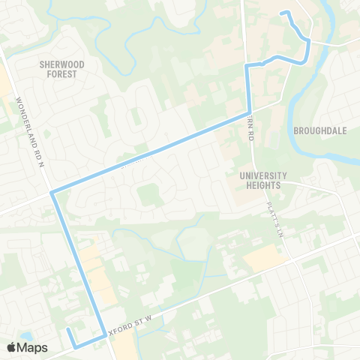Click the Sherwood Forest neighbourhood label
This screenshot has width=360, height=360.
coord(61,69)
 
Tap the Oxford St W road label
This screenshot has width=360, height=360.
coord(132,324)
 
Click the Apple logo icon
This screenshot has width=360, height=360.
coord(11,347)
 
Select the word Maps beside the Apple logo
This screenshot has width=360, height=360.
coord(32,347)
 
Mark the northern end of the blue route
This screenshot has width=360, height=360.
coord(282,13)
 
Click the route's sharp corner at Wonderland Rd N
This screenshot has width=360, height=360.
coord(52,193)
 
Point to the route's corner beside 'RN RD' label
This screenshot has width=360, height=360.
coord(249,114)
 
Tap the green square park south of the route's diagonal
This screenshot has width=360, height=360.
coord(149,196)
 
